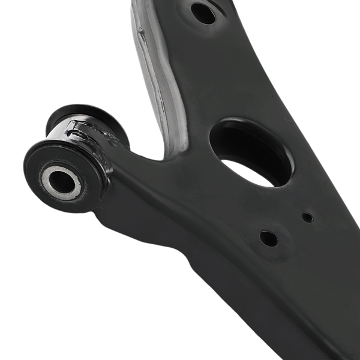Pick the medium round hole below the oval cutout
[x=268, y=238]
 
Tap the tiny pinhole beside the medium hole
[x=307, y=217]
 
